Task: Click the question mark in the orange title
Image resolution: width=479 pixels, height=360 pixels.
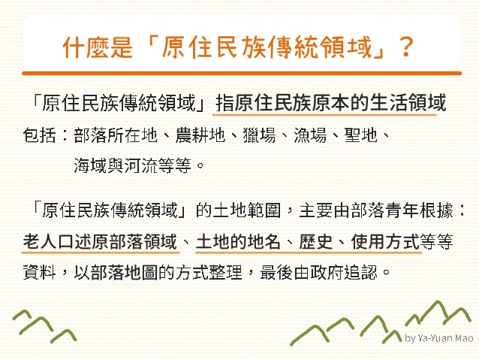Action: coord(406,47)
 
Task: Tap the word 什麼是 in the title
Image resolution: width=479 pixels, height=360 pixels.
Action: coord(98,47)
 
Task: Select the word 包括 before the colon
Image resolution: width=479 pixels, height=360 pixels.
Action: coord(39,135)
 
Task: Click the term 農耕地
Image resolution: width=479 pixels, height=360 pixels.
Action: coord(200,135)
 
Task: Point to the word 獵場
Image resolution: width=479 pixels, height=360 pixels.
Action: coord(259,135)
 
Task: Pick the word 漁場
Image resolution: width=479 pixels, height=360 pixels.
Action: coord(310,135)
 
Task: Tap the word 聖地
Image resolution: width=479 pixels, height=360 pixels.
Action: coord(361,135)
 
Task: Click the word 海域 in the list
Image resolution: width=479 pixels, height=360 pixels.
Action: coord(90,165)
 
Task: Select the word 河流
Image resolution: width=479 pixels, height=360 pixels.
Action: coord(141,165)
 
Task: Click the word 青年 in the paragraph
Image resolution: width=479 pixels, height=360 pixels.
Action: coord(402,210)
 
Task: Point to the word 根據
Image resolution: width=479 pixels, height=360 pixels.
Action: coord(436,210)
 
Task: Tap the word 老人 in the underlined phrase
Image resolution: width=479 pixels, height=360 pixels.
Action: coord(40,242)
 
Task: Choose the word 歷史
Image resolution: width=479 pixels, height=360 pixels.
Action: coord(316,242)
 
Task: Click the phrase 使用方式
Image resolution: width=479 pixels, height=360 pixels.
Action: coord(385,242)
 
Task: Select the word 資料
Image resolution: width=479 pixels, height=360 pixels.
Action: coord(39,271)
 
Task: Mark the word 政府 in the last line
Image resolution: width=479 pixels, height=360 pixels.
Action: coord(327,271)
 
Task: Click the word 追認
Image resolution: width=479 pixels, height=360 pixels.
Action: coord(361,271)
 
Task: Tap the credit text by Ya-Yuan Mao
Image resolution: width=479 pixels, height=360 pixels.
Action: coord(439,338)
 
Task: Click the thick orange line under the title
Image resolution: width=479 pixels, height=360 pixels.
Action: coord(242,73)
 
